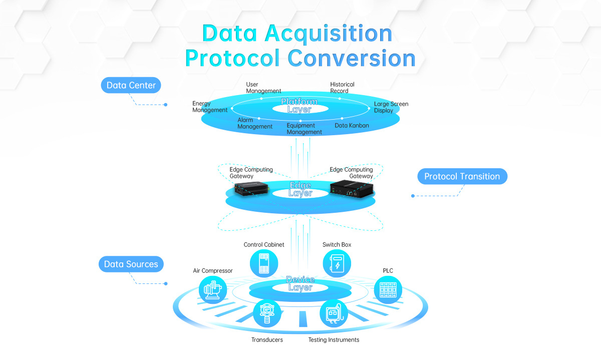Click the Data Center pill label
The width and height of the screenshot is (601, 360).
point(131,85)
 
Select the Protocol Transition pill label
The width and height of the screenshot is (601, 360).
point(462,176)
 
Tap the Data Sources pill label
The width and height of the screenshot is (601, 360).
point(131,264)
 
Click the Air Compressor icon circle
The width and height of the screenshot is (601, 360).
point(213,289)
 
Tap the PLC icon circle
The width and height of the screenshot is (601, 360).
point(388,289)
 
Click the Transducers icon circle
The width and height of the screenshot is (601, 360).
point(267,313)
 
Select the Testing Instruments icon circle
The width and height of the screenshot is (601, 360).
point(334,313)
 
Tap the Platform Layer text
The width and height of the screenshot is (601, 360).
point(299,105)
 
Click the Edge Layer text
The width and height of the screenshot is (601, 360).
point(300,189)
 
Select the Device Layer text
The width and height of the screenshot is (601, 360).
point(300,283)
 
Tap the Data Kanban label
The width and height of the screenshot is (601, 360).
point(352,126)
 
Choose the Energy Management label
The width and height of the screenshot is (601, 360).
point(209,107)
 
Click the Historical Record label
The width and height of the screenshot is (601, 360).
point(342,88)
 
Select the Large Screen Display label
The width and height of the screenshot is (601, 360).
point(391,107)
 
